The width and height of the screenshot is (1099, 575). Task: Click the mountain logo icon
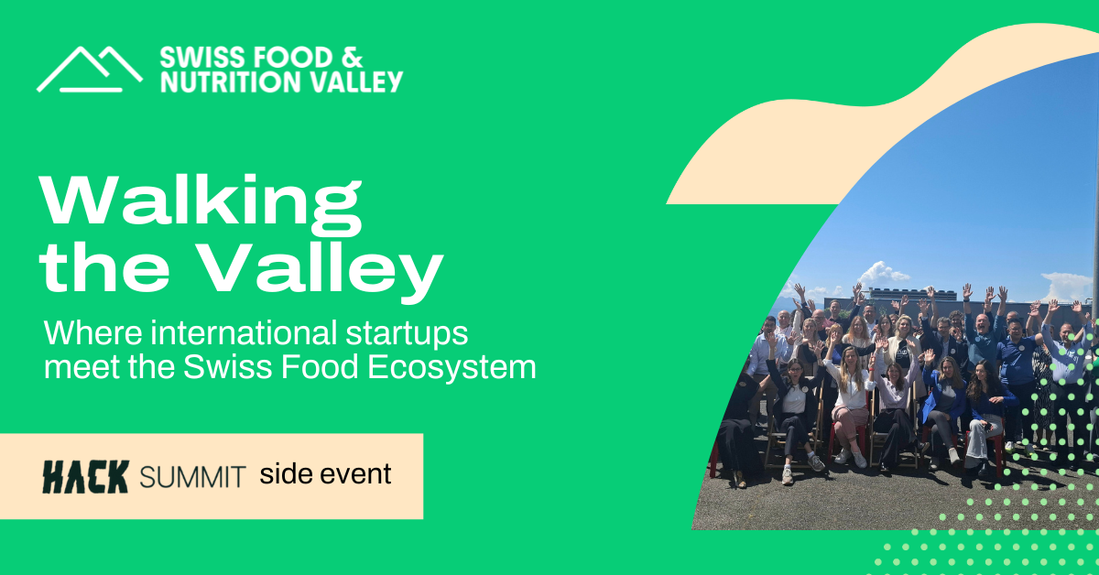(x=90, y=70)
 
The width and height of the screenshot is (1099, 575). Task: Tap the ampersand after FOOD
(x=353, y=58)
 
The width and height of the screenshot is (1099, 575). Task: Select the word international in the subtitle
(x=244, y=332)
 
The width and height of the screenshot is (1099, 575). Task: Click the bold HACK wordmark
(x=86, y=477)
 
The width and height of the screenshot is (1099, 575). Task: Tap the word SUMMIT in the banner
(x=192, y=477)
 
